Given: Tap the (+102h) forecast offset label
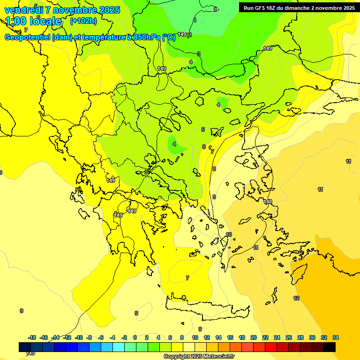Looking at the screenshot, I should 83,21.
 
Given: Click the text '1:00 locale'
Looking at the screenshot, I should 33,21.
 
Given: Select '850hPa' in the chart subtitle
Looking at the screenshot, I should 145,37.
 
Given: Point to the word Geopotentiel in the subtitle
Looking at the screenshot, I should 27,37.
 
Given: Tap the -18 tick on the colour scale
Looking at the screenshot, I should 32,337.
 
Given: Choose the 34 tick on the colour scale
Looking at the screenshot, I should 336,337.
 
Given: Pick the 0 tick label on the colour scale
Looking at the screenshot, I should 135,337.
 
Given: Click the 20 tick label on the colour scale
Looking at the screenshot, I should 254,337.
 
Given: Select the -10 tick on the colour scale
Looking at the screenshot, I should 79,337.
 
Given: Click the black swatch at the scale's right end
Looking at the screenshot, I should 330,347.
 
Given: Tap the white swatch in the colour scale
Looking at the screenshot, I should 189,347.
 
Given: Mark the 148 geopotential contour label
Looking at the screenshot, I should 268,202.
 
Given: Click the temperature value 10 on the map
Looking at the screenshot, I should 229,234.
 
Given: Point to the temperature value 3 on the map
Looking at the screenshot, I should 198,54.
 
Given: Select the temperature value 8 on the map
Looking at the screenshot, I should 214,169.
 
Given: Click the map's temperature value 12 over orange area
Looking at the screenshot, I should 296,298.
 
